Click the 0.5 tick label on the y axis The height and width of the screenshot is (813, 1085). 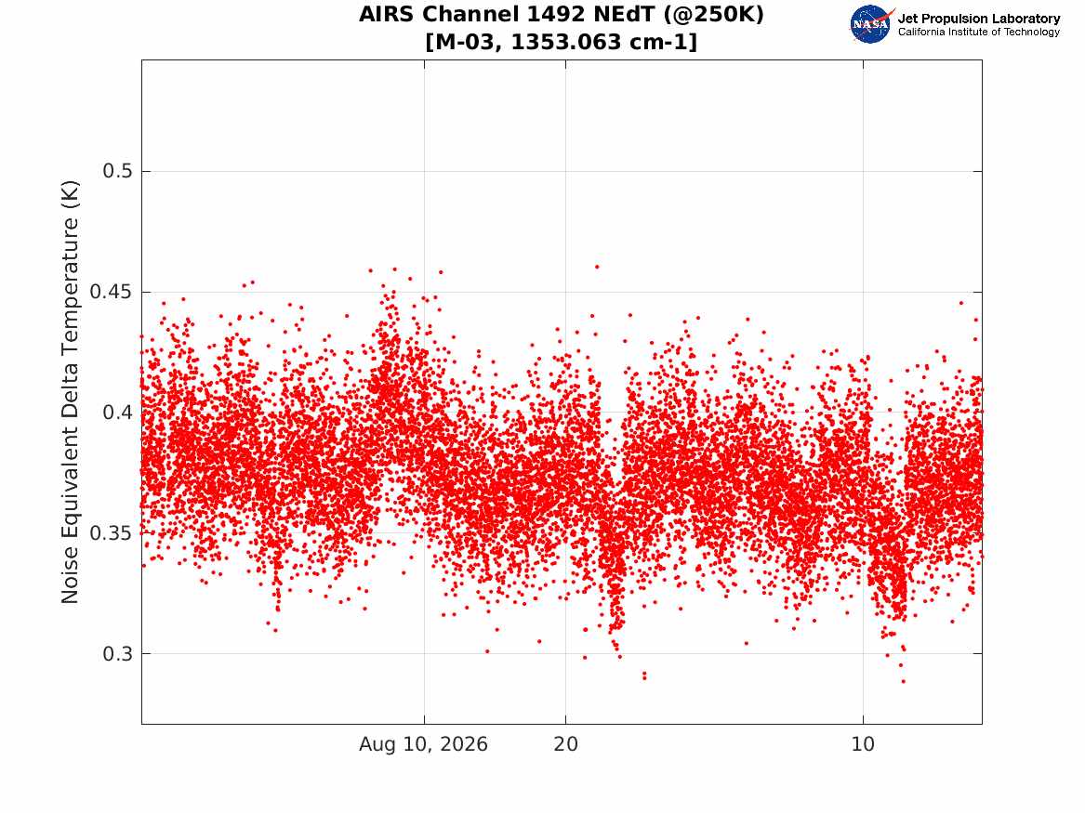pos(118,171)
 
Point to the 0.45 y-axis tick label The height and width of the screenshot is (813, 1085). pos(112,292)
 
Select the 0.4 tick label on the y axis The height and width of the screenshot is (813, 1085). pos(118,412)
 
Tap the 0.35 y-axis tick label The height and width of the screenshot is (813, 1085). pos(112,533)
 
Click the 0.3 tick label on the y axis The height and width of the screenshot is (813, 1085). pos(118,653)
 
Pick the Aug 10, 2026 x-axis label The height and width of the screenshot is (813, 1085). pos(423,744)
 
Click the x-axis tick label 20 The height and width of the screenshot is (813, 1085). pos(565,744)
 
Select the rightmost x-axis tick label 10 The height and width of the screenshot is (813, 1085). pos(863,744)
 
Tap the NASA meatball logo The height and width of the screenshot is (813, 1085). pos(870,24)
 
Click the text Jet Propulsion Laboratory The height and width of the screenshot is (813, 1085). pos(978,19)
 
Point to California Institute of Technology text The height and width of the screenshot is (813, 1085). pos(978,32)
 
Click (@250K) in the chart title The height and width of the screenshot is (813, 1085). pos(713,14)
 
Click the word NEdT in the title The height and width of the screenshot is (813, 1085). pos(621,14)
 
